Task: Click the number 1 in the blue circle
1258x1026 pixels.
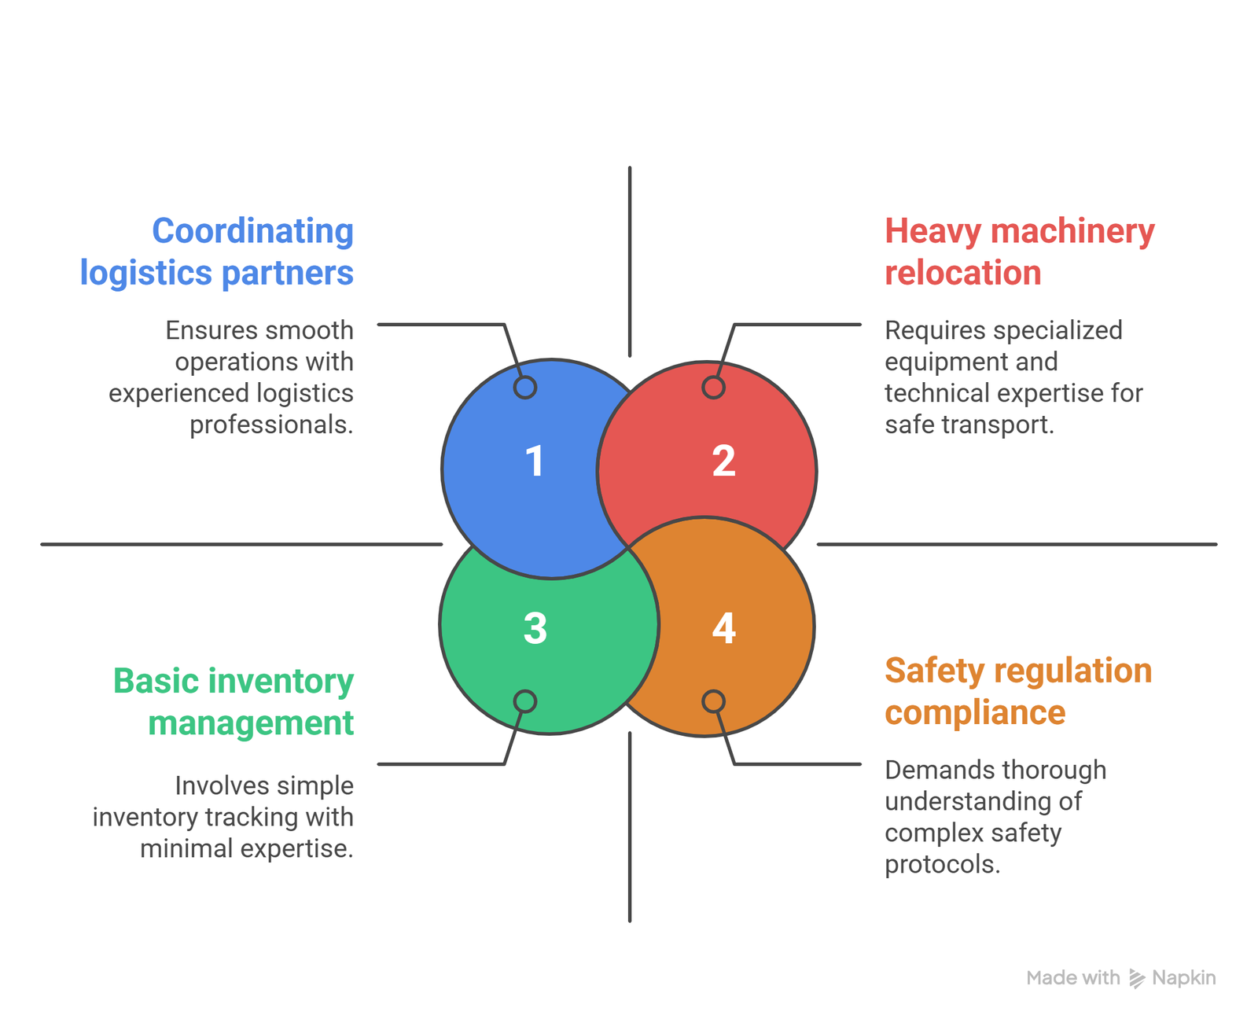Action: coord(535,462)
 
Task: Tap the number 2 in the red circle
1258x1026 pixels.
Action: coord(723,462)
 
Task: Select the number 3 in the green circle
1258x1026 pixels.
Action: coord(535,629)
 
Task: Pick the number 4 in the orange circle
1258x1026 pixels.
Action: coord(723,629)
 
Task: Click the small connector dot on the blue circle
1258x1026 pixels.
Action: coord(525,388)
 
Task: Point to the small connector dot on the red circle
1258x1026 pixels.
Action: coord(713,388)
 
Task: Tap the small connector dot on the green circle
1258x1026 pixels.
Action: coord(525,701)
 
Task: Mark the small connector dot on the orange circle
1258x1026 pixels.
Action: coord(713,701)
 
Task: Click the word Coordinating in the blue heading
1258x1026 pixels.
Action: coord(252,231)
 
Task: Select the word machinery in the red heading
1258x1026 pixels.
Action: coord(1072,231)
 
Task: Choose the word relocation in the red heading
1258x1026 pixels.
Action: coord(963,273)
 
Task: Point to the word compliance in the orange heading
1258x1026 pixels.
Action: coord(975,712)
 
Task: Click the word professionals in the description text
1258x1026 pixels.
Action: coord(271,425)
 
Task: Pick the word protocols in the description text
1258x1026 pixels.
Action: coord(942,864)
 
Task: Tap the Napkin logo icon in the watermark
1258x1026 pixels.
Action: coord(1137,978)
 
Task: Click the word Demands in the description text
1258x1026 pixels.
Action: coord(929,770)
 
